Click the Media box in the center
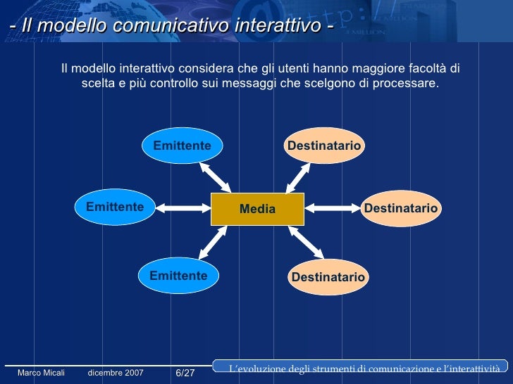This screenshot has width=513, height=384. [x=257, y=209]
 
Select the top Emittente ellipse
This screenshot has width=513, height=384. [x=182, y=146]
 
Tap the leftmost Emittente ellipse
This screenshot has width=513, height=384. [x=114, y=207]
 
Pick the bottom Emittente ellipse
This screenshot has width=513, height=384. [x=178, y=276]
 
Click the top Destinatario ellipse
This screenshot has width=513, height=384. [x=323, y=146]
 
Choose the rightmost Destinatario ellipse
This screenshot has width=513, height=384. [x=400, y=209]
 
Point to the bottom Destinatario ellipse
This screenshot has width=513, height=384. [x=328, y=277]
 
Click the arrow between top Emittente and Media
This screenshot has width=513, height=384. [x=215, y=177]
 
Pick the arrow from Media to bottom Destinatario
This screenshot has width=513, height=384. [x=305, y=241]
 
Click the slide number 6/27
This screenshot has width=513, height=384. [x=185, y=373]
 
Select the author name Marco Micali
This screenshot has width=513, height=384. [x=41, y=373]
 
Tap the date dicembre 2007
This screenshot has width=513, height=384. [x=116, y=373]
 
